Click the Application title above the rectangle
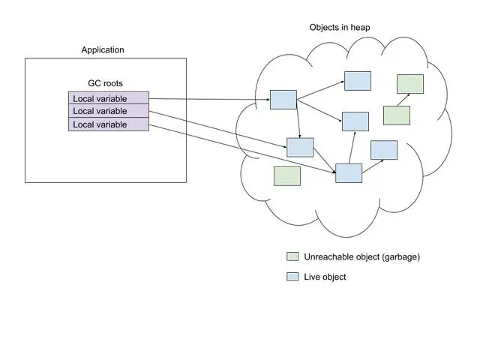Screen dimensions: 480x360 (x=103, y=50)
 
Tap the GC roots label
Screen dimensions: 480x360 (x=105, y=83)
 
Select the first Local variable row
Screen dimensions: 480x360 (x=109, y=98)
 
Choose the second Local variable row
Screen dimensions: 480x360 (x=109, y=111)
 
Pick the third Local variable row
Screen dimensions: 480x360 (x=109, y=124)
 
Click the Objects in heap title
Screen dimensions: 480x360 (x=340, y=28)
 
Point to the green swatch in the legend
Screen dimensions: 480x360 (x=292, y=256)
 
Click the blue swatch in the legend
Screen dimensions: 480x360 (x=292, y=277)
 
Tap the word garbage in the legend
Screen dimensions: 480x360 (x=402, y=256)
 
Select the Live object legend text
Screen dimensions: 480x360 (x=325, y=277)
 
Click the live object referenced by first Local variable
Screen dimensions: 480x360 (x=283, y=100)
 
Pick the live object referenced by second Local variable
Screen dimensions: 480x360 (x=300, y=148)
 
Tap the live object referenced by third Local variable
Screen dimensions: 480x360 (x=349, y=173)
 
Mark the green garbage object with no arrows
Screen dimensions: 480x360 (x=287, y=176)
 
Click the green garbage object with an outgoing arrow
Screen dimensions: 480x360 (x=397, y=115)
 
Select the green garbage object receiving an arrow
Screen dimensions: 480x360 (x=410, y=84)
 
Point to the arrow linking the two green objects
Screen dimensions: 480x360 (x=403, y=100)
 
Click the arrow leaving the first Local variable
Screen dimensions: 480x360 (x=209, y=99)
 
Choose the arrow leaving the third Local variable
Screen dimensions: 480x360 (x=242, y=148)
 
